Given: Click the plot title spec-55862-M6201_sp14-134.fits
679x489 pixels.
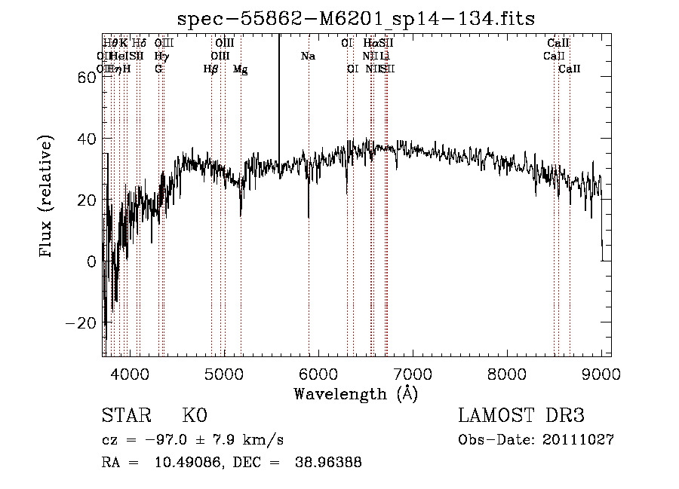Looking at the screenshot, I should (356, 17).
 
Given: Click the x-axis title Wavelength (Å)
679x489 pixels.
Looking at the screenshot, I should (355, 393).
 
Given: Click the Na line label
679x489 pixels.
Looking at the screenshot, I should (308, 56).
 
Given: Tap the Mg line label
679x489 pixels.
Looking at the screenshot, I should (240, 69).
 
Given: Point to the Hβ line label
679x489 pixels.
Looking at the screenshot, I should (211, 69).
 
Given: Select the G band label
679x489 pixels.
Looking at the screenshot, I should (158, 69).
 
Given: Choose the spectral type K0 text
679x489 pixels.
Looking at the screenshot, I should (195, 416).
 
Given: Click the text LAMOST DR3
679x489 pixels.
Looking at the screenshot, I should (521, 416).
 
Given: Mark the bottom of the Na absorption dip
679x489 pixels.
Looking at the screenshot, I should (309, 218).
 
